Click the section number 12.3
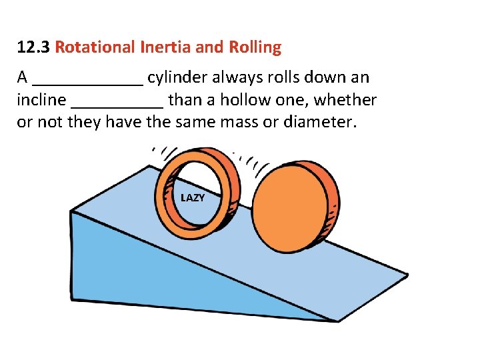click(x=33, y=48)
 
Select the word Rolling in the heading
click(x=255, y=48)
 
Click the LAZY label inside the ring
click(x=193, y=198)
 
